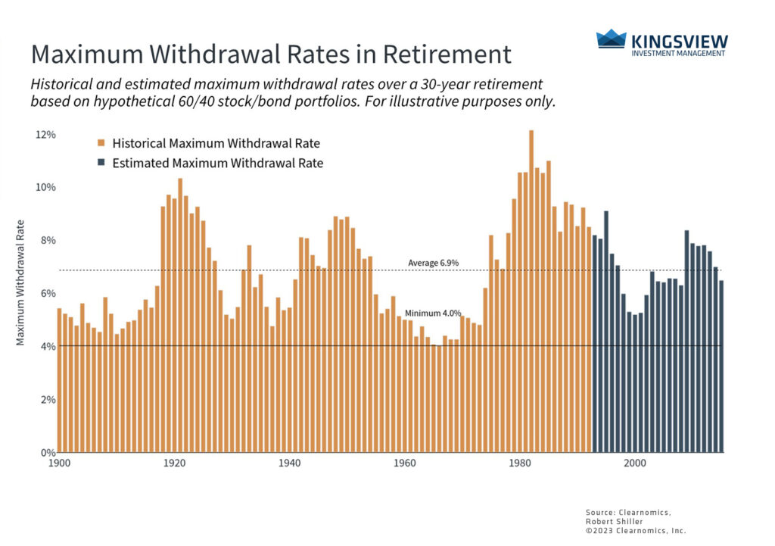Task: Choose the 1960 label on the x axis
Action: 404,462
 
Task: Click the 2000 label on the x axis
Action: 634,462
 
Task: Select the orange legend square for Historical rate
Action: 101,142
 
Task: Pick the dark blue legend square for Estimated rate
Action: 101,163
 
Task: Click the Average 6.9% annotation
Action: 433,263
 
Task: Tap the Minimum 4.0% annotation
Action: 432,313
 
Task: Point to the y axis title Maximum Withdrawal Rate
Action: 21,282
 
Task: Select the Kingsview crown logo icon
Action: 611,40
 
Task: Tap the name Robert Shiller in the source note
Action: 614,521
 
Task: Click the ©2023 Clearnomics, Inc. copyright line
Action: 636,531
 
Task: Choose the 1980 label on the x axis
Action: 519,462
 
